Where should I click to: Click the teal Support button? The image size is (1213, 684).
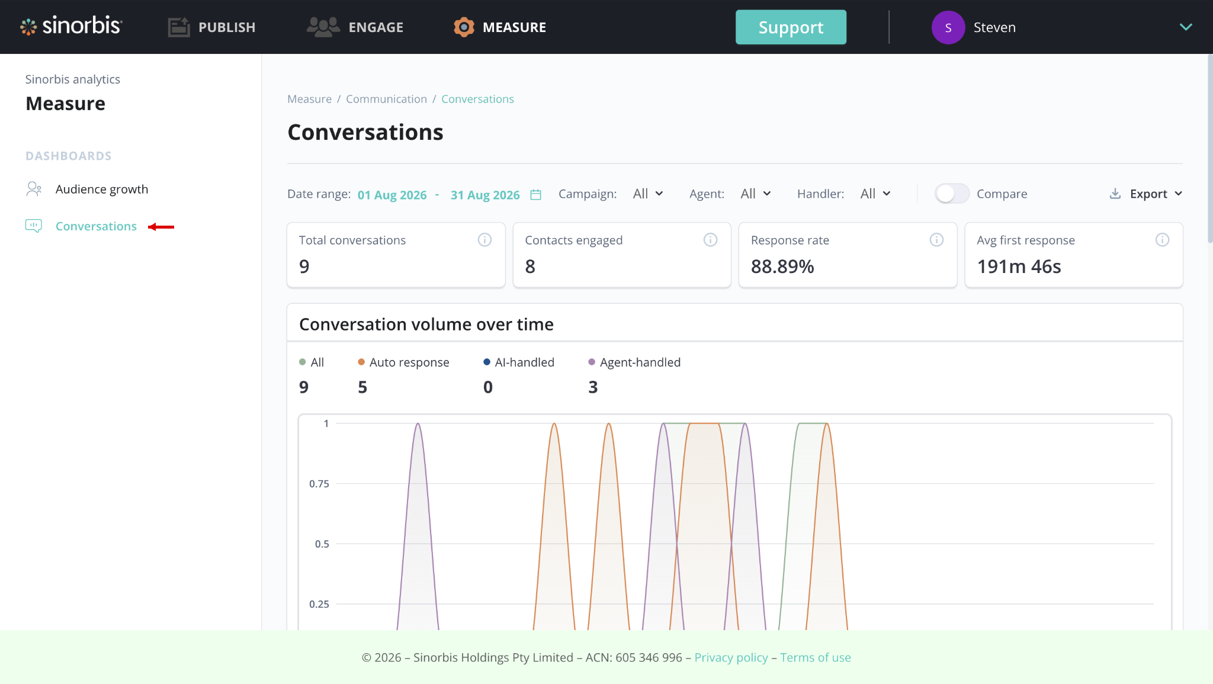(x=791, y=27)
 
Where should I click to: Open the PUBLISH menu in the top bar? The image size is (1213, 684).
(x=211, y=27)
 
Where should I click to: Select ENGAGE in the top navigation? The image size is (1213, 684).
(x=355, y=27)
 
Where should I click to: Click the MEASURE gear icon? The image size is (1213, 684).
(x=464, y=27)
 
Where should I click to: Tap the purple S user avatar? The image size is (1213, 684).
(x=948, y=27)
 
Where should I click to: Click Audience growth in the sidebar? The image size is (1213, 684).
(x=102, y=190)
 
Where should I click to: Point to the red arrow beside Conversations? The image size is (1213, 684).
(x=161, y=227)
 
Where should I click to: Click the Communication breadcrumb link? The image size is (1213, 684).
(x=386, y=99)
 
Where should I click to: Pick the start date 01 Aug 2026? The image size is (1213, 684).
(x=392, y=195)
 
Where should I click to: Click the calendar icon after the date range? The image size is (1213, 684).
(x=535, y=194)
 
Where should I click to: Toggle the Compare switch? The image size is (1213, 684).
(x=952, y=194)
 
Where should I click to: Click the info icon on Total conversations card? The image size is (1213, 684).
(x=484, y=240)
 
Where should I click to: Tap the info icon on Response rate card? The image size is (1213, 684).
(x=936, y=240)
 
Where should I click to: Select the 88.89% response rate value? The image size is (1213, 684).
(x=782, y=267)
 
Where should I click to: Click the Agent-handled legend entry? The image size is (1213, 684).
(x=634, y=362)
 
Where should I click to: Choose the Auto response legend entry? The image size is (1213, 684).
(x=403, y=362)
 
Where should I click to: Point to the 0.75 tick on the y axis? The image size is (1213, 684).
(x=319, y=484)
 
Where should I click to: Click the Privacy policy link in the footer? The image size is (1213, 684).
(x=731, y=657)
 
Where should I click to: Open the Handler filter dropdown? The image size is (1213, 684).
(x=875, y=194)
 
